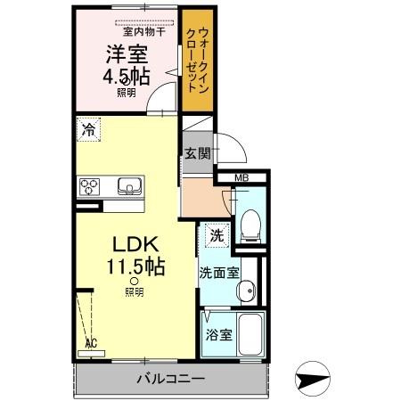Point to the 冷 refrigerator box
88,129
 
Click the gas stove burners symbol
90,186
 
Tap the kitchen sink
128,187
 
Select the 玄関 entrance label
198,153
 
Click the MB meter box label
241,177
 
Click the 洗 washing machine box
215,235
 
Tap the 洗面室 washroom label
218,273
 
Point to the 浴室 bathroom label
219,335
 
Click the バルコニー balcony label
171,378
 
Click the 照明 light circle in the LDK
134,282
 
